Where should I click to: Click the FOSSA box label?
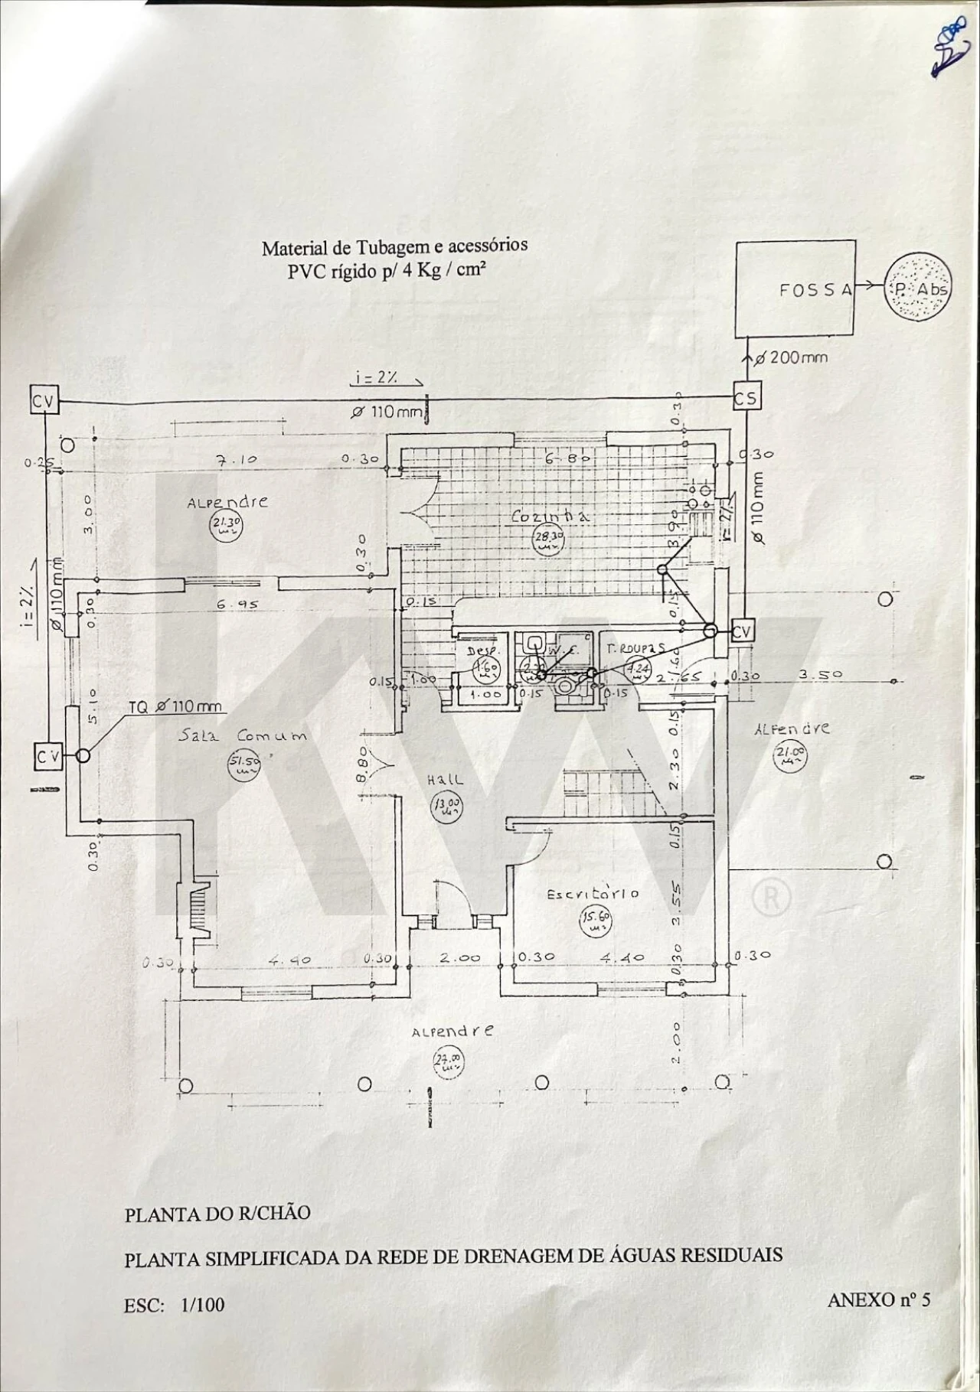815,290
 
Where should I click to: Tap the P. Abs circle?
919,289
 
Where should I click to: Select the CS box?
745,398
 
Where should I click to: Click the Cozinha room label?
550,517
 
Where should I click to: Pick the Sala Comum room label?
243,736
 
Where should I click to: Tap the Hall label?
445,780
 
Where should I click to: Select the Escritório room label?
593,894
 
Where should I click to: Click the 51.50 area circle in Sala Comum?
245,764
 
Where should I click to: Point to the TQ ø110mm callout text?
175,707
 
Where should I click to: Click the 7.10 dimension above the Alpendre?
237,460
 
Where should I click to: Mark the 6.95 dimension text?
237,605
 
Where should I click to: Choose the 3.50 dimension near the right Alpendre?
821,675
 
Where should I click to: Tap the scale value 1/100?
203,1304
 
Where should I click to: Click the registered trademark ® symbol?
772,898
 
